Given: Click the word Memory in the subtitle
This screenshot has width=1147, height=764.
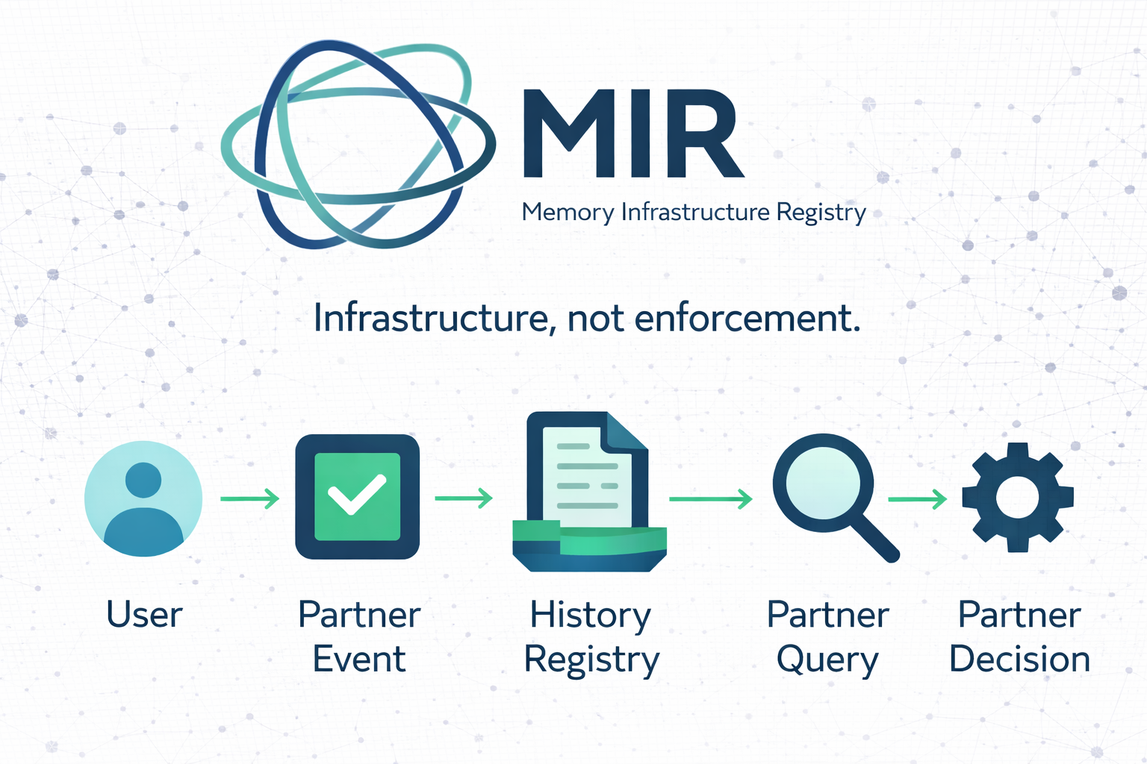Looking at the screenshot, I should pyautogui.click(x=568, y=213).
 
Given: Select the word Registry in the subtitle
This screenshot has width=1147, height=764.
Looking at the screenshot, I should pyautogui.click(x=821, y=213).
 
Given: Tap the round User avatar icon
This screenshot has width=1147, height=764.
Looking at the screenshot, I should pyautogui.click(x=143, y=498).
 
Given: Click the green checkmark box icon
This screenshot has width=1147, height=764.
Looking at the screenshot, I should pyautogui.click(x=357, y=497).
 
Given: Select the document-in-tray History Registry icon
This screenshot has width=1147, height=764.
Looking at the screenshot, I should pyautogui.click(x=589, y=492).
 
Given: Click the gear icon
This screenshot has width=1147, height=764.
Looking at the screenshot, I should pyautogui.click(x=1018, y=497).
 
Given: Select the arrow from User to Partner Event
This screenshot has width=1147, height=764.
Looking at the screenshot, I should pyautogui.click(x=249, y=498).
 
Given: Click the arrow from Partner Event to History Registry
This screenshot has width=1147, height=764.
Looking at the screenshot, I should pyautogui.click(x=464, y=498).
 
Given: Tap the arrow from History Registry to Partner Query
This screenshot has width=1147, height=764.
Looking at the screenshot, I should pyautogui.click(x=710, y=498).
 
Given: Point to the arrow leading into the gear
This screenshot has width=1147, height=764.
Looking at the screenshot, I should pyautogui.click(x=917, y=498).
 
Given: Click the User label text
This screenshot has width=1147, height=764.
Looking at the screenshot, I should pyautogui.click(x=144, y=615).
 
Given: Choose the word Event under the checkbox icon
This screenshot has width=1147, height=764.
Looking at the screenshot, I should pyautogui.click(x=358, y=660).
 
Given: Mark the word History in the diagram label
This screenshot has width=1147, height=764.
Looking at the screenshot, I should pyautogui.click(x=590, y=616).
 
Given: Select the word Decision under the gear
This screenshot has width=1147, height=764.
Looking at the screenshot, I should pyautogui.click(x=1019, y=660).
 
